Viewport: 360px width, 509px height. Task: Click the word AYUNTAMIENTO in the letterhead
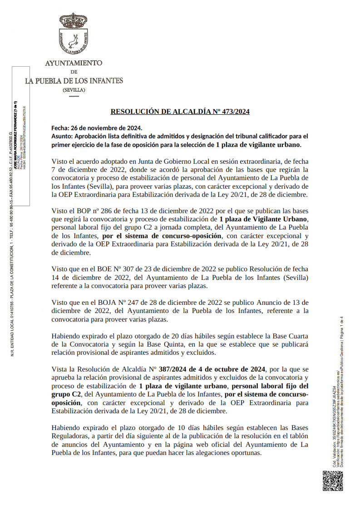click(74, 63)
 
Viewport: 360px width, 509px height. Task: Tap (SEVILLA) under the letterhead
click(74, 90)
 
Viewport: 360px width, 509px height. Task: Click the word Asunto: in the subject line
click(62, 136)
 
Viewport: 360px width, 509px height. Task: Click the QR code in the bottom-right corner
click(332, 480)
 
